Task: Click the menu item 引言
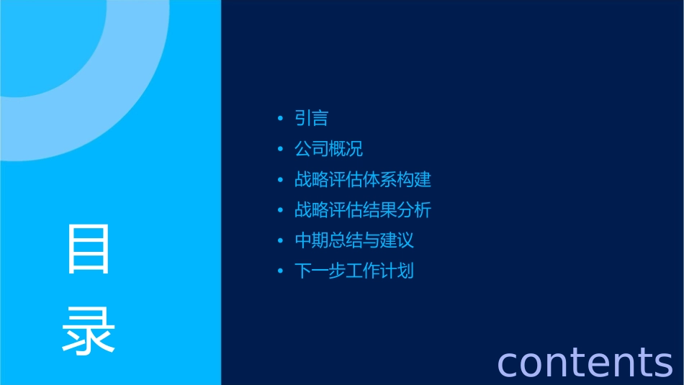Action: coord(311,118)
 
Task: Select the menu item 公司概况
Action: coord(328,149)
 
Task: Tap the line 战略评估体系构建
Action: coord(363,179)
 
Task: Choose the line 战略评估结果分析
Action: coord(363,210)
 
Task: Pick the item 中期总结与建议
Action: coord(354,240)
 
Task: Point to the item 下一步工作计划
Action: coord(354,271)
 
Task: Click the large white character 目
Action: coord(89,249)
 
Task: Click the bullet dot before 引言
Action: coord(281,119)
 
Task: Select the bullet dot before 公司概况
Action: coord(281,150)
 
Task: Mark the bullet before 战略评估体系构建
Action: coord(281,180)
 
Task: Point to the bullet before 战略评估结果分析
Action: coord(281,211)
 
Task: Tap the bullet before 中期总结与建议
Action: coord(281,241)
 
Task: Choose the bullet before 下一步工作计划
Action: coord(281,272)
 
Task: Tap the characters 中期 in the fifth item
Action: coord(311,240)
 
